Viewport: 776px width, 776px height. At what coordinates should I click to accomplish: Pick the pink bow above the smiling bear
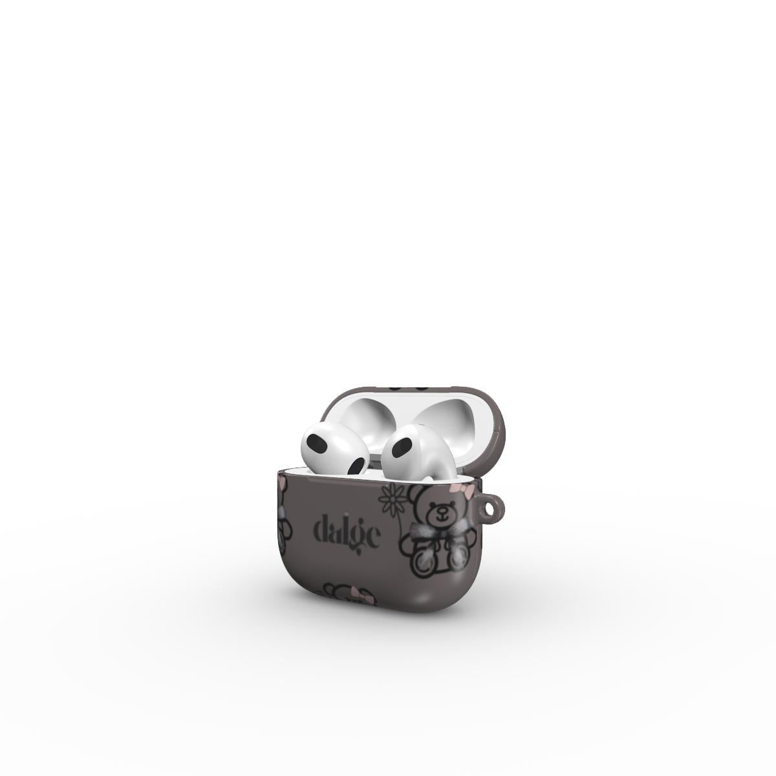[457, 490]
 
